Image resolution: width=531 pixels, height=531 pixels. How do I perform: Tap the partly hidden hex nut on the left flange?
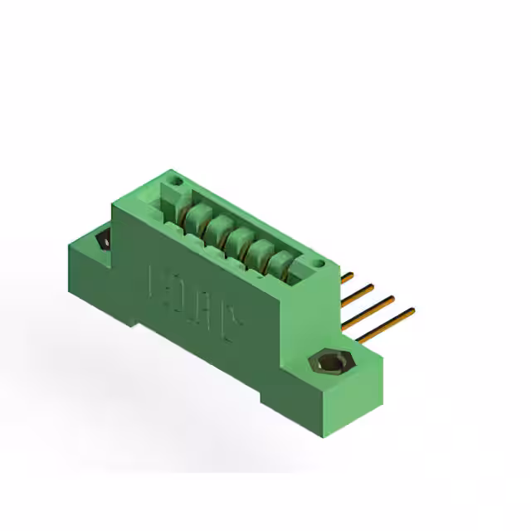(x=104, y=241)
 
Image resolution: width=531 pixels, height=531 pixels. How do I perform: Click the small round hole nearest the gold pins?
(x=316, y=264)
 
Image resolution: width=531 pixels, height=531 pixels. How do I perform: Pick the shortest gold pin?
(x=347, y=277)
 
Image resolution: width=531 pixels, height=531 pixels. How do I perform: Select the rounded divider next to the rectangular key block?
(x=196, y=217)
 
